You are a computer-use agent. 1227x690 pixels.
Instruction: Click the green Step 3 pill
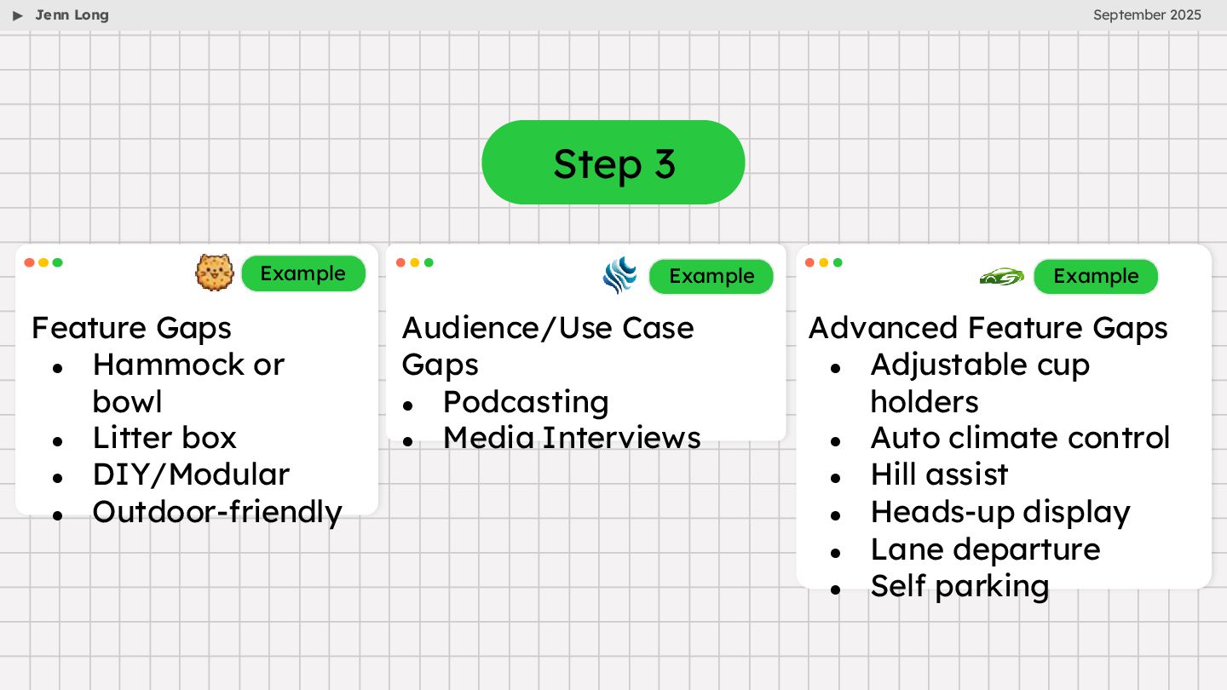[613, 163]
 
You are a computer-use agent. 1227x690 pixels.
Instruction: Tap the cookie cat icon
[215, 273]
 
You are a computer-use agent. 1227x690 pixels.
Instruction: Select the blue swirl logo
[619, 275]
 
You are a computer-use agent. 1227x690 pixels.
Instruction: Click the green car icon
[1001, 276]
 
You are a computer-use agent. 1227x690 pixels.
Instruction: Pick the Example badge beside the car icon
[1095, 276]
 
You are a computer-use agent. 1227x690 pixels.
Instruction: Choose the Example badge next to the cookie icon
[302, 273]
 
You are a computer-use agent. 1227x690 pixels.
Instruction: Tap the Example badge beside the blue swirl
[711, 276]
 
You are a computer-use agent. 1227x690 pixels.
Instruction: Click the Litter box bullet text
[164, 438]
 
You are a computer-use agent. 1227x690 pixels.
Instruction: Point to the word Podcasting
[526, 401]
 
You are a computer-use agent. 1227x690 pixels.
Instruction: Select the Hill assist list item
[939, 474]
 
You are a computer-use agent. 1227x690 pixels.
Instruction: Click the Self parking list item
[959, 586]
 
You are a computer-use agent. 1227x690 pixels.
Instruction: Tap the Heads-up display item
[1000, 512]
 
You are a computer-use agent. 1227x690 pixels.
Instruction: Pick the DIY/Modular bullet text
[191, 474]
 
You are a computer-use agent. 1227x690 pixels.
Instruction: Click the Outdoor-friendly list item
[217, 512]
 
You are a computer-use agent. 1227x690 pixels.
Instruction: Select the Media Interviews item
[572, 438]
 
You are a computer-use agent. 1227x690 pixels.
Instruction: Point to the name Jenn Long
[72, 15]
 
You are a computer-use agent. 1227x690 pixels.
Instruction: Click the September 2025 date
[1147, 15]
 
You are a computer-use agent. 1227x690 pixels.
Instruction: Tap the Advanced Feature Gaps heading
[988, 328]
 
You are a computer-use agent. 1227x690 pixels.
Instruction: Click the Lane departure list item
[985, 549]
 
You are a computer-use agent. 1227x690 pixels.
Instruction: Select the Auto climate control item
[1020, 438]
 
